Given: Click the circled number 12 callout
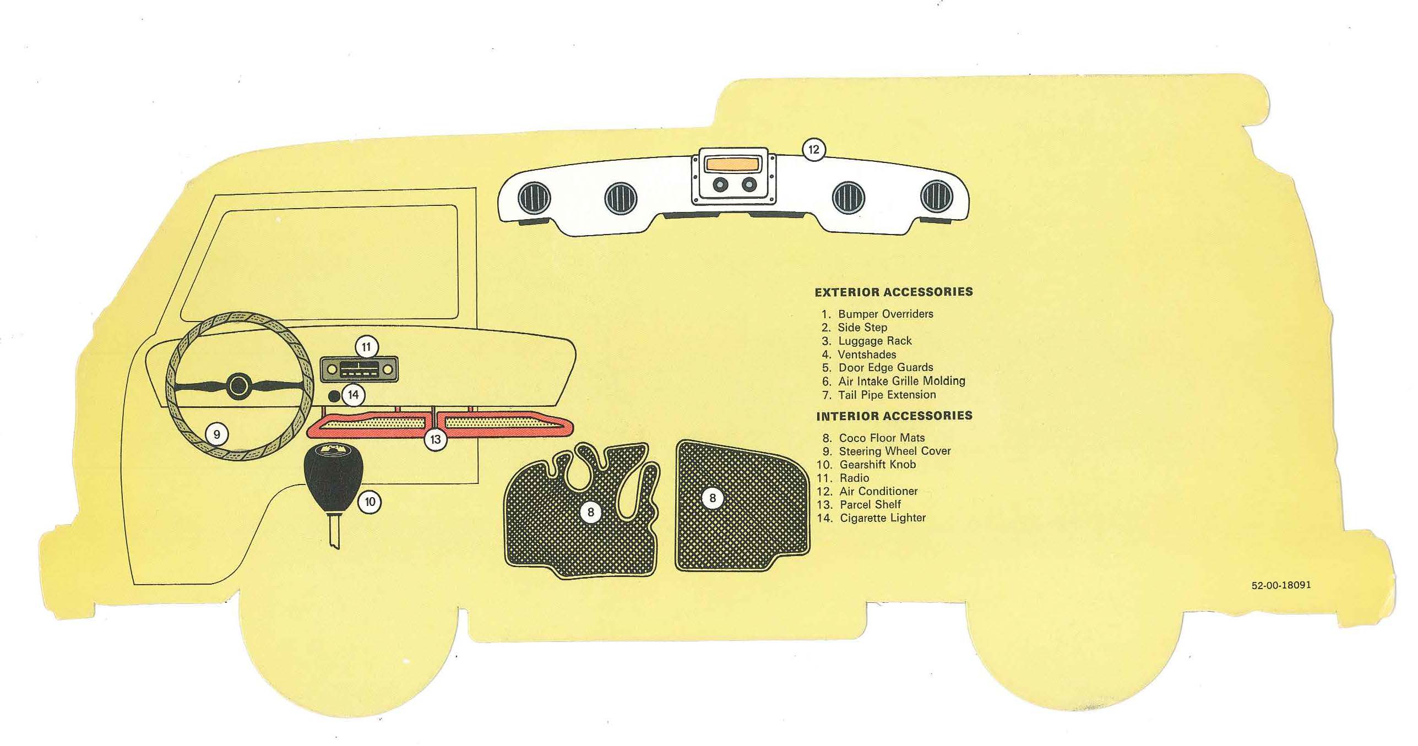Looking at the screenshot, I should click(x=813, y=149).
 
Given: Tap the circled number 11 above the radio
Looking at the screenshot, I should click(x=366, y=347).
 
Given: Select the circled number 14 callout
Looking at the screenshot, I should click(x=353, y=395).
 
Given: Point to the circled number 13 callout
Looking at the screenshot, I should click(x=435, y=440).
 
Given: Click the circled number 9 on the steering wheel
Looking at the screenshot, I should click(x=216, y=434).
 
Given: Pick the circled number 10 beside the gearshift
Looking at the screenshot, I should click(x=370, y=502).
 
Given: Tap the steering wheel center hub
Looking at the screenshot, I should click(x=238, y=385).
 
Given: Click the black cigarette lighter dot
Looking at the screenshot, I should click(x=334, y=395).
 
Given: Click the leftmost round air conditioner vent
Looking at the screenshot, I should click(x=533, y=197).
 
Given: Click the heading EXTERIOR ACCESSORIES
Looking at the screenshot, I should click(x=893, y=292).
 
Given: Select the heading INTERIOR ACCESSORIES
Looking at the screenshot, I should click(x=894, y=416).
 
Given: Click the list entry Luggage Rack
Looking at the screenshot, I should click(x=874, y=341).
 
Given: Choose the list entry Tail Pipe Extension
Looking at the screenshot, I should click(x=887, y=395).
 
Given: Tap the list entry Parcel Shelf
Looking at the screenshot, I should click(x=870, y=504).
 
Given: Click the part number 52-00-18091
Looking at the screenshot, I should click(x=1281, y=585).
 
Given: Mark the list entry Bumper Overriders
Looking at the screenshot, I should click(x=885, y=314).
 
